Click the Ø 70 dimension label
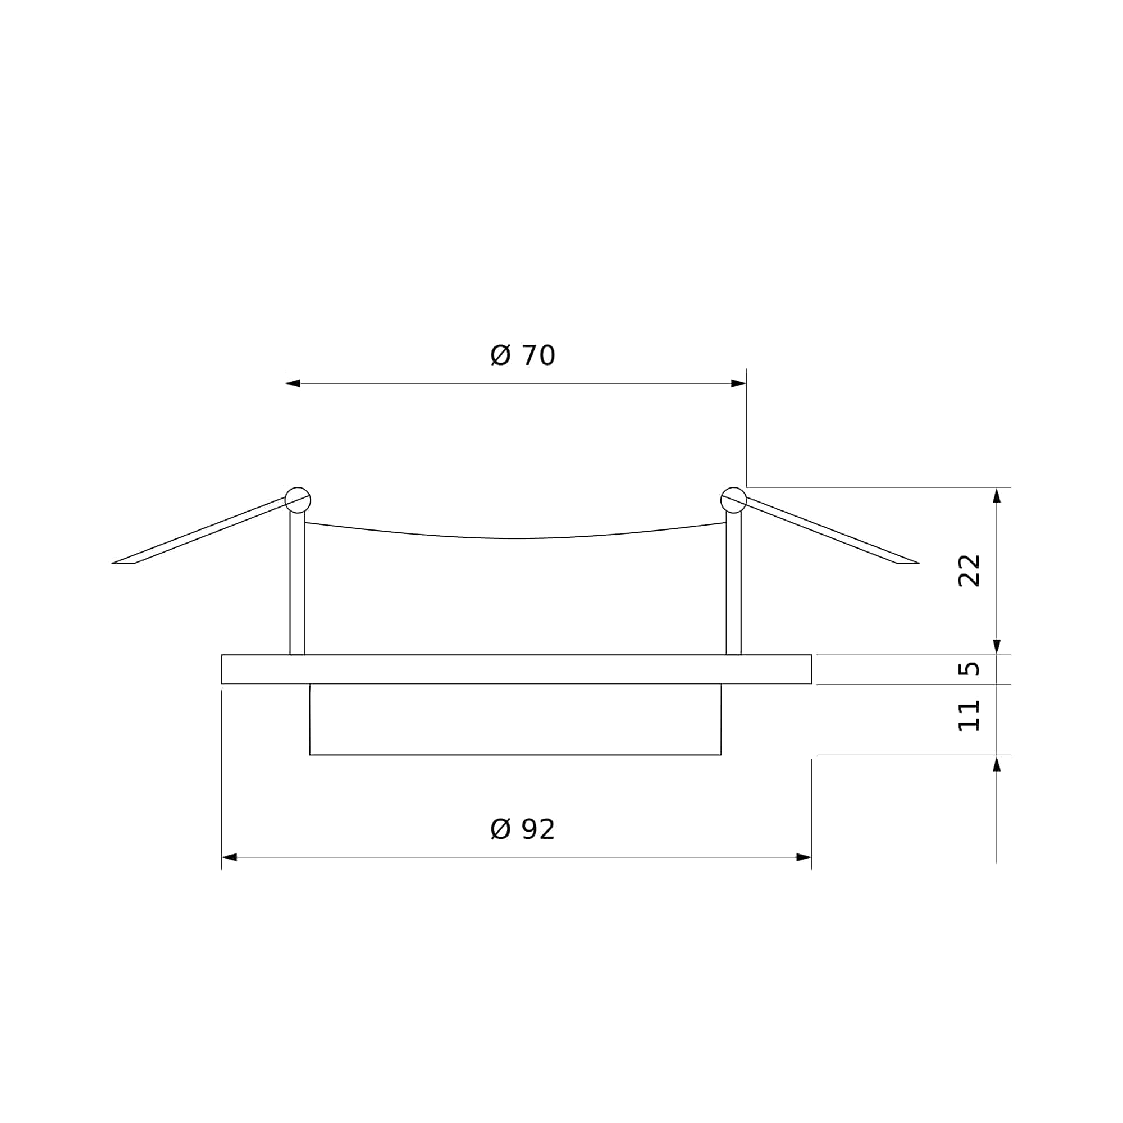[523, 356]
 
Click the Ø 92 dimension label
[523, 829]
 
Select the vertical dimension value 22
[969, 571]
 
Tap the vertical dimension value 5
[969, 669]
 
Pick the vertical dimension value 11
[969, 715]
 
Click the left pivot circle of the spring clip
[298, 500]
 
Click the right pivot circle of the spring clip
[733, 500]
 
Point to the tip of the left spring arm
[112, 563]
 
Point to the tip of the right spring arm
[919, 563]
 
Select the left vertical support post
[297, 583]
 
